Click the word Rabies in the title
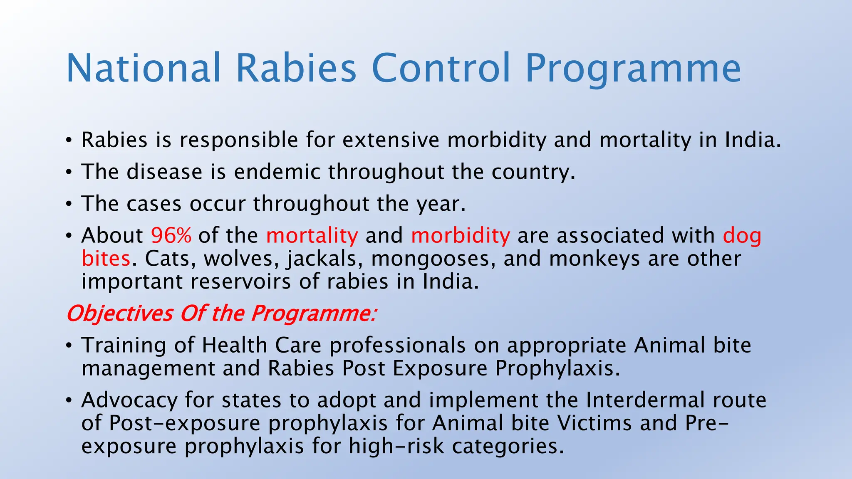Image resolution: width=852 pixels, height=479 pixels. coord(296,68)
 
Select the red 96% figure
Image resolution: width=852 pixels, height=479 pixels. coord(171,235)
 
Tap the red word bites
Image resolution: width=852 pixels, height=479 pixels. coord(106,259)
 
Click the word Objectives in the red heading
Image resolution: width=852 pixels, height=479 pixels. coord(120,314)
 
